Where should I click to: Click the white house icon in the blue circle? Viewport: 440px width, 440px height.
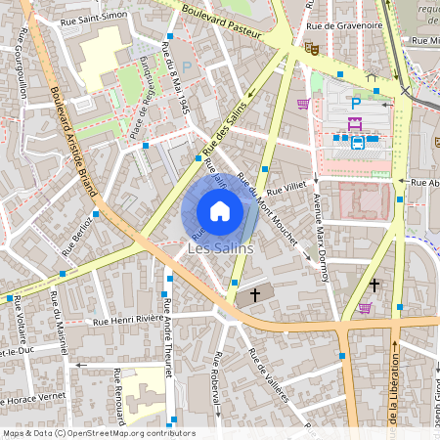pos(220,211)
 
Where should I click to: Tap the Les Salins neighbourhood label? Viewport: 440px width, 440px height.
pos(220,248)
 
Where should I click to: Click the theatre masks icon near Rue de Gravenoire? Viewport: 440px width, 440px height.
pos(312,47)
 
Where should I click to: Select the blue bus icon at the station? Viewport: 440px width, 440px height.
pos(358,143)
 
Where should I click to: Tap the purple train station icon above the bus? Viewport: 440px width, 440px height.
pos(355,123)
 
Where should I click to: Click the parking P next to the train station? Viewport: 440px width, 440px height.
pos(356,102)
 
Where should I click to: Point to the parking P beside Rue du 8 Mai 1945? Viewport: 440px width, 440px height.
pos(186,66)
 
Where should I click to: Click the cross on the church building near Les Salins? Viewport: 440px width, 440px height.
pos(256,293)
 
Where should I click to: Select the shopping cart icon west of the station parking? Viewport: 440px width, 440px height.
pos(303,103)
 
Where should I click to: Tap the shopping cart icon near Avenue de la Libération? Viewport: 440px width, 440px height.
pos(365,307)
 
